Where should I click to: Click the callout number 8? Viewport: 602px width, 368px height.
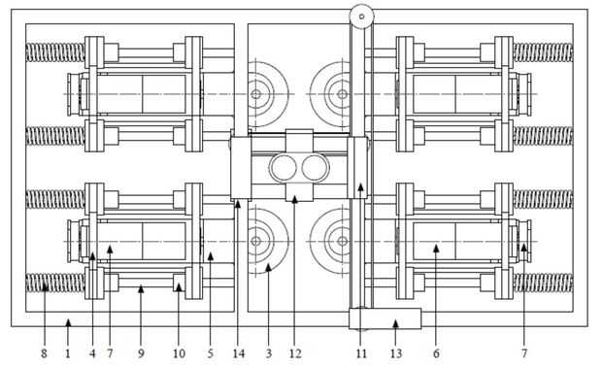44,353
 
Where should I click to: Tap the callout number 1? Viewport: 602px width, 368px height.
68,353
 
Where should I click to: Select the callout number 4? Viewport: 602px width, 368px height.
92,353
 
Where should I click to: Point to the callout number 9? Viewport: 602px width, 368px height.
141,353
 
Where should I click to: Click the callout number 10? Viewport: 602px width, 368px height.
179,353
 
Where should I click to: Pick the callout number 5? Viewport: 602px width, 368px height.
211,353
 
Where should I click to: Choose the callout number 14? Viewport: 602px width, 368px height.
239,353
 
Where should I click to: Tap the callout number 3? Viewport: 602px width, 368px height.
269,353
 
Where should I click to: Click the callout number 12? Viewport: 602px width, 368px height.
295,353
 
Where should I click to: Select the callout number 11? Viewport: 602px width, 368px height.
361,353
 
